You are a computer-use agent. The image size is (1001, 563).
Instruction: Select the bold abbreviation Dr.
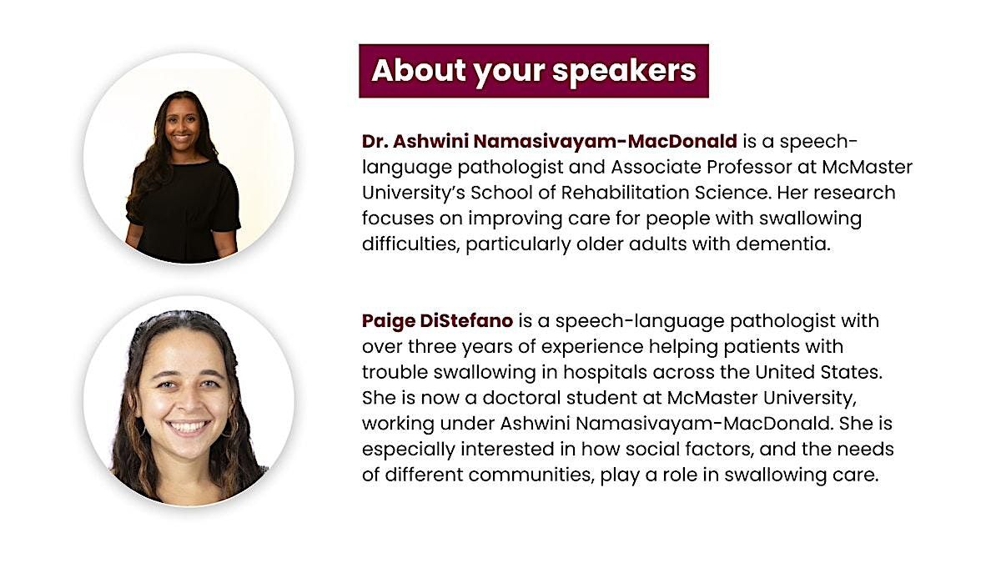(x=375, y=141)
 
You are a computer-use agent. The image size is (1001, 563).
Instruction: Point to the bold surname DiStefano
(x=466, y=321)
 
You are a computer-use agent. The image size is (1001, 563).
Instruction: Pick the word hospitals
(x=605, y=373)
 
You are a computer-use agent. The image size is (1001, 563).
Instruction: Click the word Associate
(x=656, y=167)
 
